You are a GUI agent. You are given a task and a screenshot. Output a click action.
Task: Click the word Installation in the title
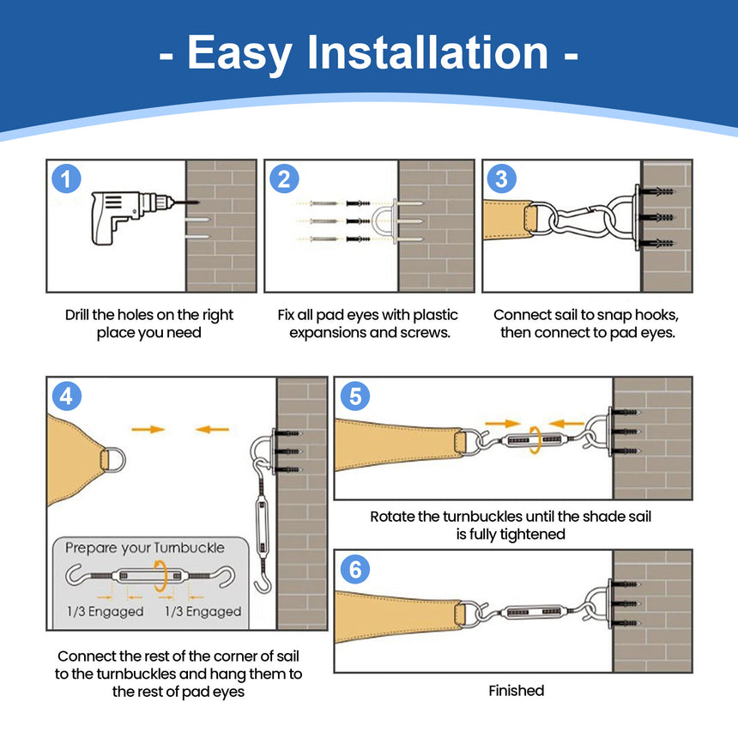point(427,53)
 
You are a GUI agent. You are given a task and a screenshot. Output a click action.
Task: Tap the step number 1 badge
point(67,179)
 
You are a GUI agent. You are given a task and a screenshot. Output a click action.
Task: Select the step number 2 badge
point(284,179)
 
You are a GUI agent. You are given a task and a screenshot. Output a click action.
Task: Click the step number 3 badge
point(502,179)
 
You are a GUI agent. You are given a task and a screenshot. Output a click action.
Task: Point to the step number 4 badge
point(67,396)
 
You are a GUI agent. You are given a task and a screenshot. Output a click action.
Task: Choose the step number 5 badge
point(355,396)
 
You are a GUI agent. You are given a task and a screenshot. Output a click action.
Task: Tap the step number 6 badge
point(355,570)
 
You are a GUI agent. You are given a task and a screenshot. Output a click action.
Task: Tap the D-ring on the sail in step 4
point(112,459)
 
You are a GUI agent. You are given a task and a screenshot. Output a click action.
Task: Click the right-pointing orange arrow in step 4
point(147,428)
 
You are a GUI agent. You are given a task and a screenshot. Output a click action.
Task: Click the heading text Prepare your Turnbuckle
point(145,547)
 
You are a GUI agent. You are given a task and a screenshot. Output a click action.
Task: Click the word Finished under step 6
point(516,690)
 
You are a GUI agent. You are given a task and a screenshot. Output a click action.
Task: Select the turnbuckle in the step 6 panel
point(525,614)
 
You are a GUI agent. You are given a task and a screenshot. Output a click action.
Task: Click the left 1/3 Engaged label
point(104,611)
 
